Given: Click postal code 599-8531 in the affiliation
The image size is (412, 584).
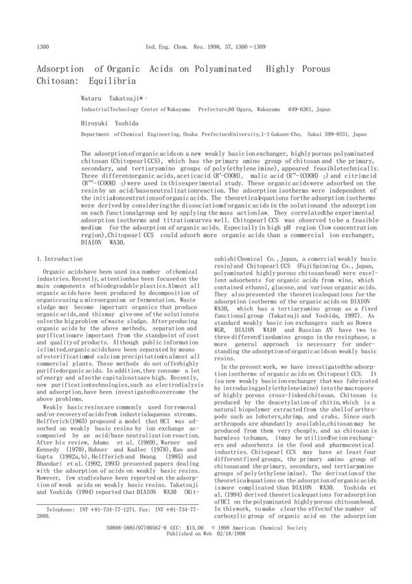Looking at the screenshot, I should coord(339,135).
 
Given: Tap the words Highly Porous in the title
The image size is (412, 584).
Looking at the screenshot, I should coord(300,69).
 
